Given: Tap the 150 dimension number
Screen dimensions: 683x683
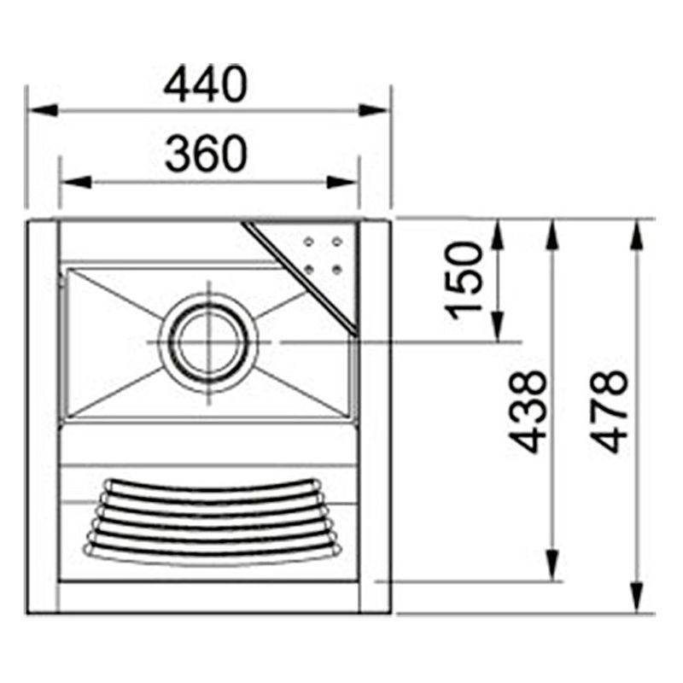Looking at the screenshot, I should tap(467, 278).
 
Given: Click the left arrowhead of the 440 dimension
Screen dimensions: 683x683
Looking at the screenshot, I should tap(43, 110).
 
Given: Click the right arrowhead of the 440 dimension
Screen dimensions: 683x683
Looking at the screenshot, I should tap(374, 110).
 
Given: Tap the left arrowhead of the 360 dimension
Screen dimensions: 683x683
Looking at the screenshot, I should tap(75, 181).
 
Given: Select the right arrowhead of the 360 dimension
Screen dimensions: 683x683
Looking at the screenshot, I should tap(342, 181).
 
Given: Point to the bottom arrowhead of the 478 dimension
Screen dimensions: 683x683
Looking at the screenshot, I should tap(637, 598).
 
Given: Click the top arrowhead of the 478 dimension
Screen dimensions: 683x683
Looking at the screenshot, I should tap(637, 234).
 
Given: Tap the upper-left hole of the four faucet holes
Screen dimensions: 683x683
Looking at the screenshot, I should tap(308, 242).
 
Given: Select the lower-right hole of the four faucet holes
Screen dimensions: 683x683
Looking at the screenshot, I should tap(336, 270).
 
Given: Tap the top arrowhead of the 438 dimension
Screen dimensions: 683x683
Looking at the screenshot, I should tap(553, 234).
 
